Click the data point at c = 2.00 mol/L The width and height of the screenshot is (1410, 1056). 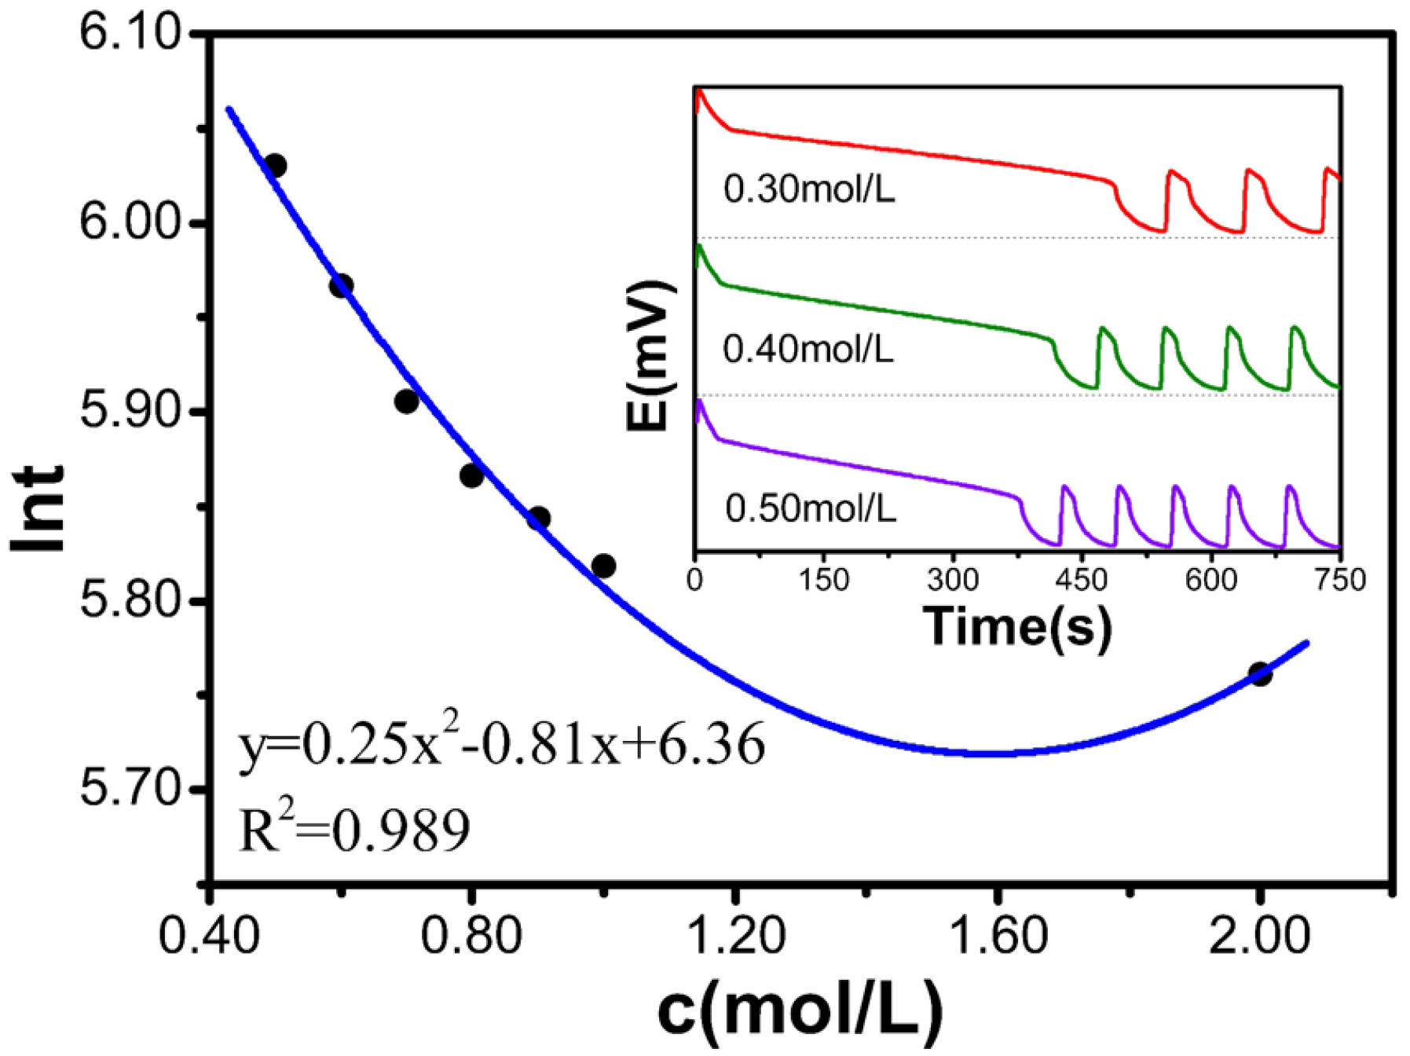(1259, 674)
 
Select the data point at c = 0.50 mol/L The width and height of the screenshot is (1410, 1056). (275, 166)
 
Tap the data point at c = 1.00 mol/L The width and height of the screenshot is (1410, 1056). (603, 566)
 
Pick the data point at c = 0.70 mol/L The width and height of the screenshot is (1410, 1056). (406, 401)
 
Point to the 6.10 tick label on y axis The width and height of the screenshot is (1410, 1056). (130, 35)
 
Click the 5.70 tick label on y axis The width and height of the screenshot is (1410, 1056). (130, 789)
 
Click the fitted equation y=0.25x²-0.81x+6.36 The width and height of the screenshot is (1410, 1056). (501, 744)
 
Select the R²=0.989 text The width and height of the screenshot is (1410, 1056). (353, 830)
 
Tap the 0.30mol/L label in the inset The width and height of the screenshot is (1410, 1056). (808, 189)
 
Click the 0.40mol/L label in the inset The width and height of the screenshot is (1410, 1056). (808, 349)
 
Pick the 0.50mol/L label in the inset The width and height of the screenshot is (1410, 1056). (810, 509)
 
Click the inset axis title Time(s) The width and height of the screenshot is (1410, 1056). (1017, 626)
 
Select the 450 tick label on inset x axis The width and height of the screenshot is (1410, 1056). (1082, 581)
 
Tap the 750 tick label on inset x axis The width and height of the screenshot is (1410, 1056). (1339, 581)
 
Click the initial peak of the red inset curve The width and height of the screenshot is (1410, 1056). (700, 92)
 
